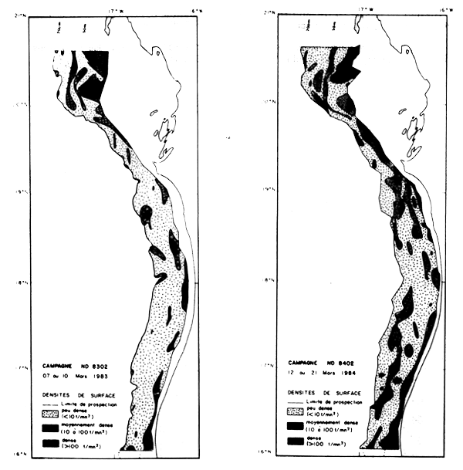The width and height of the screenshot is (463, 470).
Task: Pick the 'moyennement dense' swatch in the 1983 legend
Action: tap(50, 428)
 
